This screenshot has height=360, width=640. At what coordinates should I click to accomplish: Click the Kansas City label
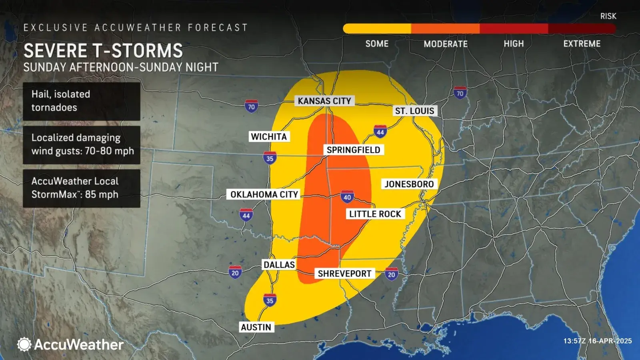tap(324, 101)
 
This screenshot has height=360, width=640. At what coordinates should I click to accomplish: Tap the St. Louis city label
tap(414, 111)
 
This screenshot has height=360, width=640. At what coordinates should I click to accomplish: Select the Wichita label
tap(269, 137)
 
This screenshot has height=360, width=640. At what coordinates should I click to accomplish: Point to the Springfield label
tap(353, 150)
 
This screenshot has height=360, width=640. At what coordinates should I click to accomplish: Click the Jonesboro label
tap(409, 184)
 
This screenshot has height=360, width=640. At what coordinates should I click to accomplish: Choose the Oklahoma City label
tap(264, 194)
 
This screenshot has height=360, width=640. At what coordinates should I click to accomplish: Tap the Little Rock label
tap(375, 214)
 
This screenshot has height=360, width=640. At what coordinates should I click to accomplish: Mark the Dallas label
tap(279, 265)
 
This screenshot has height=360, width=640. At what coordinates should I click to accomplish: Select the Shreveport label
tap(344, 274)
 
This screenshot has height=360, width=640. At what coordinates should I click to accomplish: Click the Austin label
tap(256, 327)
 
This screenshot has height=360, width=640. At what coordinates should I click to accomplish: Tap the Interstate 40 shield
tap(347, 197)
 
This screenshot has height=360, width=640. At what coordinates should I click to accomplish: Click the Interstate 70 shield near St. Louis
tap(460, 93)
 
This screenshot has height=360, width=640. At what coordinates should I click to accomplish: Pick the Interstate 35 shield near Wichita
tap(270, 158)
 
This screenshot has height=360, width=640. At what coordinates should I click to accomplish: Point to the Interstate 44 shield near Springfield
tap(380, 132)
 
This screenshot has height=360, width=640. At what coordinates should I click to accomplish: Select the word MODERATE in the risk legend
tap(446, 44)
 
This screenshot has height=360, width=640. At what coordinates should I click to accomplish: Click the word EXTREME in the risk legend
tap(582, 44)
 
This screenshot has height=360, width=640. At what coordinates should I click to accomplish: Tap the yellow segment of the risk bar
tap(377, 28)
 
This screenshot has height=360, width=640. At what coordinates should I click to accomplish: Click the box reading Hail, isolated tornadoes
tap(82, 101)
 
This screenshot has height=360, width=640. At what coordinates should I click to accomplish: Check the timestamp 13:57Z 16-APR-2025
tap(598, 341)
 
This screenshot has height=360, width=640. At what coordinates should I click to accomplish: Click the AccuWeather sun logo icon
tap(24, 344)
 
